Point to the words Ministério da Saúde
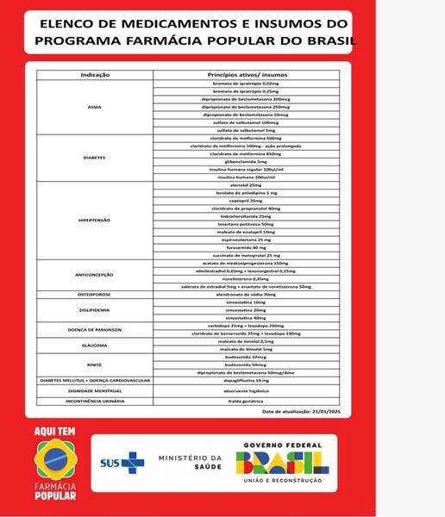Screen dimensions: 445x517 pyautogui.click(x=191, y=464)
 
